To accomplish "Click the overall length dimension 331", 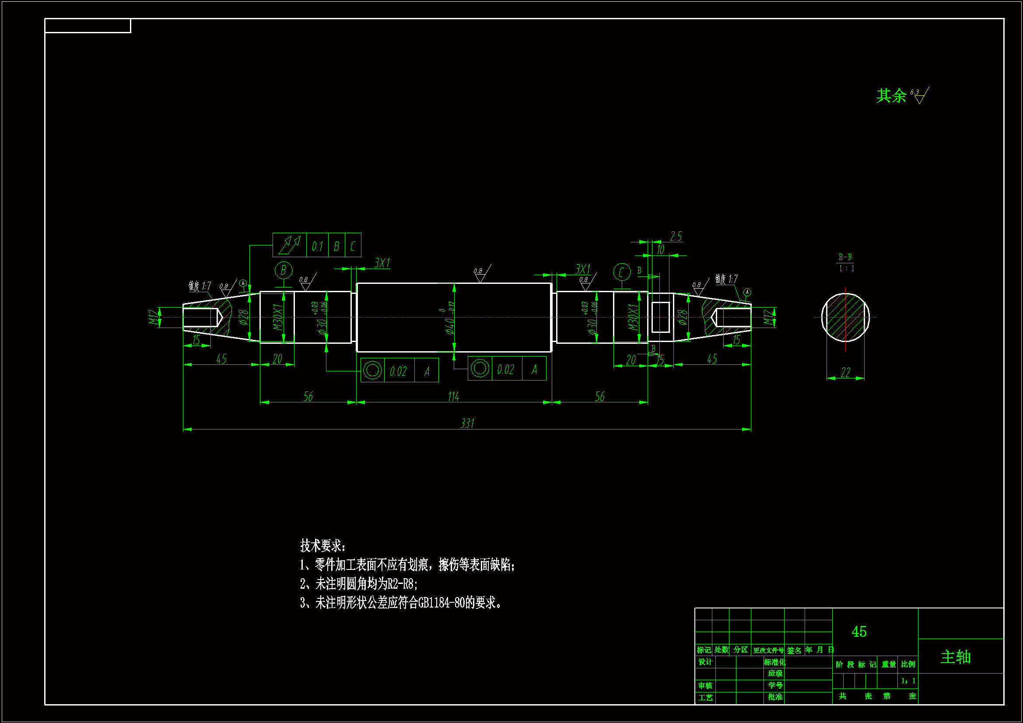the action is coord(467,423).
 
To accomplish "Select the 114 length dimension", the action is coord(454,396).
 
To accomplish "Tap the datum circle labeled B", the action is coord(284,270).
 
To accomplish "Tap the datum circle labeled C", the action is coord(622,272).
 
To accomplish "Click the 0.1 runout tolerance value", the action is coord(317,246).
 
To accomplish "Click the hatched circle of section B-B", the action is coord(845,318).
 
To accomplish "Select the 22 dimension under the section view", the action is coord(845,372).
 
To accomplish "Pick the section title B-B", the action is coord(845,257).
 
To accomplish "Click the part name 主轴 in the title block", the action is coord(955,657).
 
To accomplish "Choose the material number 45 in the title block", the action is coord(858,632).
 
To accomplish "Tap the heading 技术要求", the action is coord(322,545).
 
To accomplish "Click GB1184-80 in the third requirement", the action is coord(441,603).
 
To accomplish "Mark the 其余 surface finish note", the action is coord(892,95).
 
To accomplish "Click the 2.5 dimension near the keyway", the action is coord(676,236).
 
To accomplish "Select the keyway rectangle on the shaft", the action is coord(660,317).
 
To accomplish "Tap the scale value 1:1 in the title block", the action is coord(907,681).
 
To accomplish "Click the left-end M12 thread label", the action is coord(154,318).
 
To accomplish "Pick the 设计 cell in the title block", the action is coord(705,662).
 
